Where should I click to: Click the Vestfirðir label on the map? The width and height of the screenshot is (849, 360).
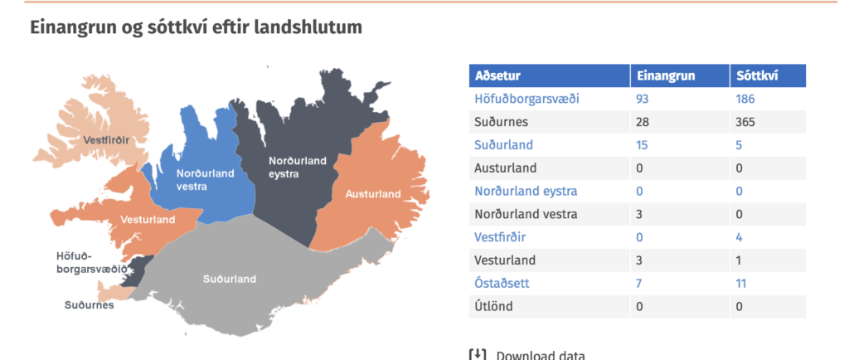pos(106,140)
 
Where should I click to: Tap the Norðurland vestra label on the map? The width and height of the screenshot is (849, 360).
pos(206,180)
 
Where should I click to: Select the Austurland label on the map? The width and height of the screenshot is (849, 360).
pos(373,194)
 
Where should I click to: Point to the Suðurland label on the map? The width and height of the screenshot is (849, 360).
pos(230,280)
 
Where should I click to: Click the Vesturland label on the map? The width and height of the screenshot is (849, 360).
pos(148,220)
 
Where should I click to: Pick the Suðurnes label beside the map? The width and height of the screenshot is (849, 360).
pos(90,305)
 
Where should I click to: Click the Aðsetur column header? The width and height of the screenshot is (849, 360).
pos(497,75)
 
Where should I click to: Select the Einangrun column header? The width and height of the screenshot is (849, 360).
pos(666,75)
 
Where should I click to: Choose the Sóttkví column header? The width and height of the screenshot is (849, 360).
pos(757,75)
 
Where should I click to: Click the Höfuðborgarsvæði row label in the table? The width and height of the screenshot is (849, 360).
pos(526,99)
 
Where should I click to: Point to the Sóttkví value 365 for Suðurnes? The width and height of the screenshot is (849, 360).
pos(745,122)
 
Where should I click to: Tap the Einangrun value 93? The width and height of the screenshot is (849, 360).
pos(643,99)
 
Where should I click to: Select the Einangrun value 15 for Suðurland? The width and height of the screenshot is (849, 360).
pos(642,145)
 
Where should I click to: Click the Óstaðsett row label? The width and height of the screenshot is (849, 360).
pos(502,283)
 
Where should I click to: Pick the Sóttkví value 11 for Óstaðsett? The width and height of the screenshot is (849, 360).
pos(741,283)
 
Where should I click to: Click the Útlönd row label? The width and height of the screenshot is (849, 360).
pos(493,306)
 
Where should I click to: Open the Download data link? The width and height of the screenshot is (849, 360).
pos(526,355)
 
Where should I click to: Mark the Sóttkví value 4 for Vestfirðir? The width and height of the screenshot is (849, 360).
pos(739,237)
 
